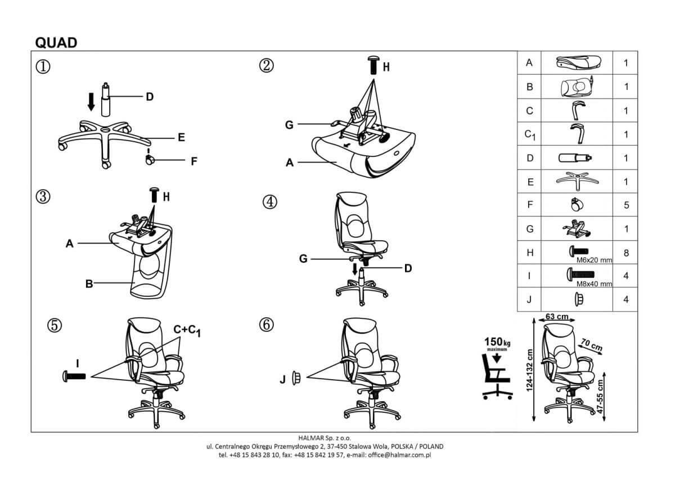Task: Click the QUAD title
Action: (x=56, y=43)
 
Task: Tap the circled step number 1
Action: (x=43, y=66)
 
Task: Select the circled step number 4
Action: (x=270, y=202)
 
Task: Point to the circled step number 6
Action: (x=267, y=325)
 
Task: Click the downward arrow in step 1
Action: (x=91, y=102)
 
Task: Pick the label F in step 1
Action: (x=194, y=161)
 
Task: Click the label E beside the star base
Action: (x=181, y=137)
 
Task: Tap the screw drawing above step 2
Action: (x=373, y=65)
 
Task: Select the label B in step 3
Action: (x=89, y=284)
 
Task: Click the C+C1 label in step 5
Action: (x=187, y=330)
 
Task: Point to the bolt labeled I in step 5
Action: (x=74, y=376)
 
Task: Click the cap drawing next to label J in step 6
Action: (x=296, y=378)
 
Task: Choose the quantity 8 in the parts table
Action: (x=626, y=253)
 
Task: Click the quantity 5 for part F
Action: (x=626, y=205)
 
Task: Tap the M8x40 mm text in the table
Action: (x=594, y=283)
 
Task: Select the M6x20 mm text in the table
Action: (x=594, y=260)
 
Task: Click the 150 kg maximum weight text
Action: (x=497, y=343)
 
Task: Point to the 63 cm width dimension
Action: (x=556, y=317)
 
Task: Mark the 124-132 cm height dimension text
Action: (x=529, y=370)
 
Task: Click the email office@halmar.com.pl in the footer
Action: (x=399, y=455)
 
